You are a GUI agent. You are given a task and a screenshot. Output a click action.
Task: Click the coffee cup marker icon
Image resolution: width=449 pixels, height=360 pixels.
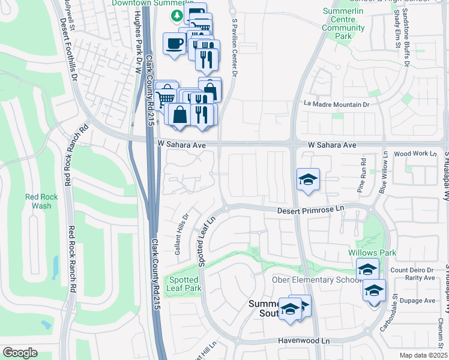[x=174, y=44]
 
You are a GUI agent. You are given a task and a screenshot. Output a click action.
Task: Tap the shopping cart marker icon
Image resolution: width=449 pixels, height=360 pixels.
[x=165, y=96]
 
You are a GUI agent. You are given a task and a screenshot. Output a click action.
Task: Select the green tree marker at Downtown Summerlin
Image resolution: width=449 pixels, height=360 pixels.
[x=177, y=15]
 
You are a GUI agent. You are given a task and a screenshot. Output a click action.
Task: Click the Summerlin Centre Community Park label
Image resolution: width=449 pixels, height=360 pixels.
[x=343, y=24]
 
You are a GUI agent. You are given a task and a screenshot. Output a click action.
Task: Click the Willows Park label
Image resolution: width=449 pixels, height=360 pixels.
[x=372, y=253]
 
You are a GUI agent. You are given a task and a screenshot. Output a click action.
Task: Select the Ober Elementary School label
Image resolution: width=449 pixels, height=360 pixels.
[x=313, y=280]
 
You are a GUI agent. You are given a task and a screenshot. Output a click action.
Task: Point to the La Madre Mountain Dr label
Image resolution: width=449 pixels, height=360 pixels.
[x=336, y=104]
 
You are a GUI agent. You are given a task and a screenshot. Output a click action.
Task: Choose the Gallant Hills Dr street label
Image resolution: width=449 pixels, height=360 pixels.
[x=182, y=235]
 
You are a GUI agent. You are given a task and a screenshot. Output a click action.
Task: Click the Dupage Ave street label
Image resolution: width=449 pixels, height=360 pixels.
[x=420, y=300]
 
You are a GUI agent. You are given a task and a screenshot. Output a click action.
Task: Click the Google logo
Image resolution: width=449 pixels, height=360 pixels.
[x=20, y=352]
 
